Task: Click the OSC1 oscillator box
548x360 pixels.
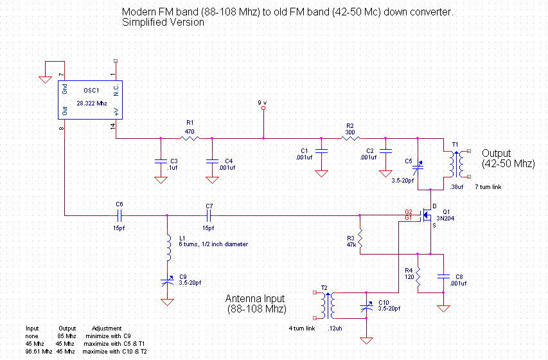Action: click(x=91, y=100)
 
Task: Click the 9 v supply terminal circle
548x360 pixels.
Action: click(x=263, y=109)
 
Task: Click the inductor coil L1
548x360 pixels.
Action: click(x=168, y=248)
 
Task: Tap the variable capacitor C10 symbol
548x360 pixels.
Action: click(x=367, y=308)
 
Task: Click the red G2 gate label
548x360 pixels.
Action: click(x=409, y=212)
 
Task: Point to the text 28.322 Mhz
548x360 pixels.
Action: click(x=91, y=102)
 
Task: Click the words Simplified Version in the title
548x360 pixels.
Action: click(x=163, y=22)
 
